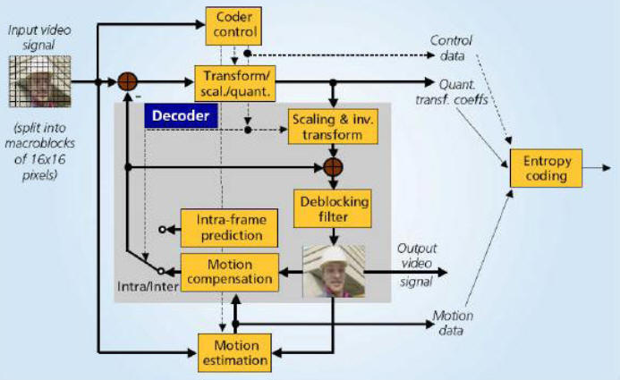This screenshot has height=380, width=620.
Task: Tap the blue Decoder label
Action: (177, 115)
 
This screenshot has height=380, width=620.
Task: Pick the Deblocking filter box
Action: (331, 207)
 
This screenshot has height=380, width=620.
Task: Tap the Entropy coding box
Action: (547, 168)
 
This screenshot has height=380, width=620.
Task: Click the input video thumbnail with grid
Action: (37, 80)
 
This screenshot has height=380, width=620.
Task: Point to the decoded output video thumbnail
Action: (334, 271)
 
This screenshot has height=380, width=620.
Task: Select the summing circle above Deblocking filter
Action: (334, 166)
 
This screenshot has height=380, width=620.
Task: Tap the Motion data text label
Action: (452, 324)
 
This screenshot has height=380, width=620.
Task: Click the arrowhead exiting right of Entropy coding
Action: (607, 167)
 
